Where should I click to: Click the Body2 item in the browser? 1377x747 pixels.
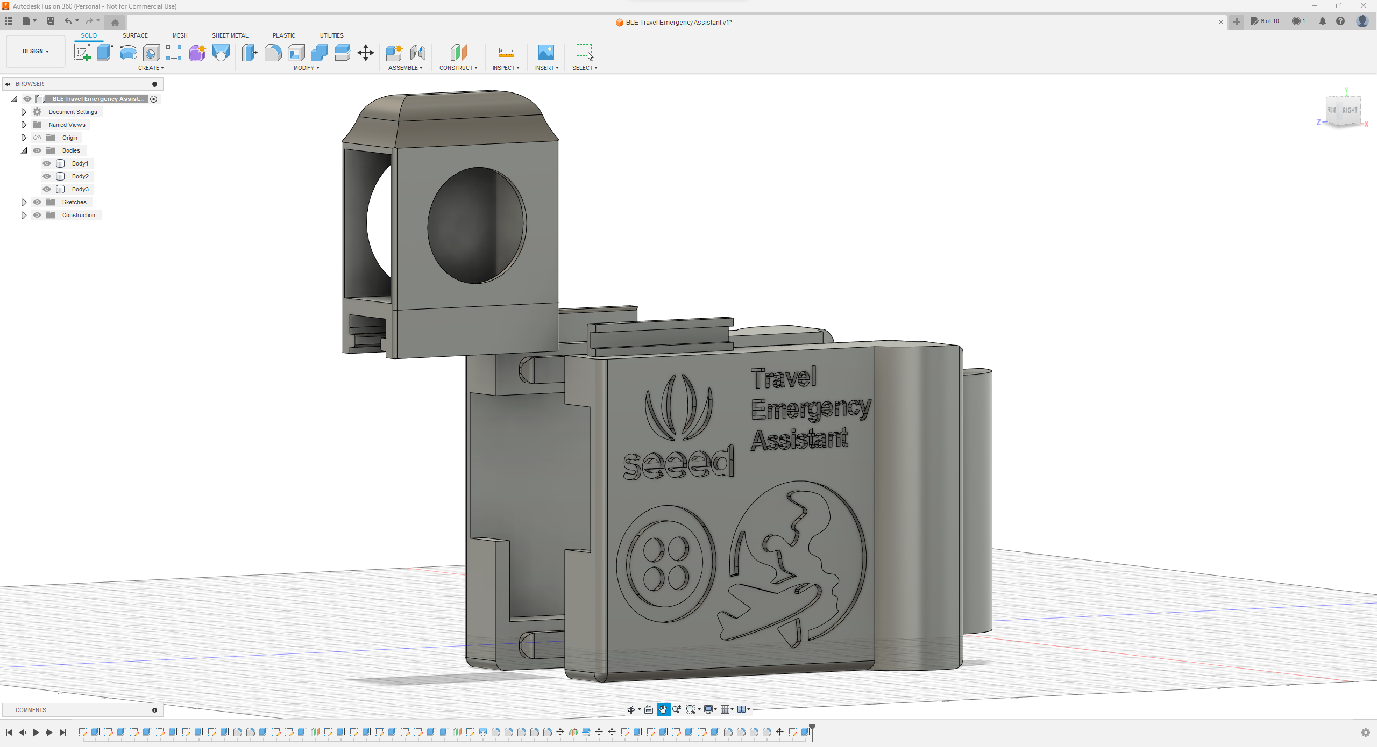click(x=80, y=176)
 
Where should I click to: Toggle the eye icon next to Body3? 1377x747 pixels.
click(x=47, y=189)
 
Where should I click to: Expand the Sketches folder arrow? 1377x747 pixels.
click(x=24, y=202)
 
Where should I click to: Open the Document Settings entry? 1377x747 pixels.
click(x=73, y=112)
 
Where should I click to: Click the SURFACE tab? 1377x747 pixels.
click(x=135, y=35)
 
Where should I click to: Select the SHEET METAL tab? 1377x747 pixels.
click(x=230, y=35)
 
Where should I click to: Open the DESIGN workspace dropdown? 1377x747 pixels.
click(x=36, y=51)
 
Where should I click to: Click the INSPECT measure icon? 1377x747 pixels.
click(x=506, y=53)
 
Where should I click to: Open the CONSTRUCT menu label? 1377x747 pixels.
click(x=458, y=68)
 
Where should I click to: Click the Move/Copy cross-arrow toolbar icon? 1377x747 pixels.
click(x=366, y=53)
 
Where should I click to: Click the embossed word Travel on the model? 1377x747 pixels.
click(x=784, y=378)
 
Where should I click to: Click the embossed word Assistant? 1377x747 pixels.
click(x=799, y=440)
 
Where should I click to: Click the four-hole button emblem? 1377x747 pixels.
click(x=666, y=563)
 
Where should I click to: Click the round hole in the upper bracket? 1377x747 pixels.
click(x=477, y=226)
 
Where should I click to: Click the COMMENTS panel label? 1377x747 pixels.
click(x=31, y=710)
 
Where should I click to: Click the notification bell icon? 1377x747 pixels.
click(x=1322, y=21)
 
